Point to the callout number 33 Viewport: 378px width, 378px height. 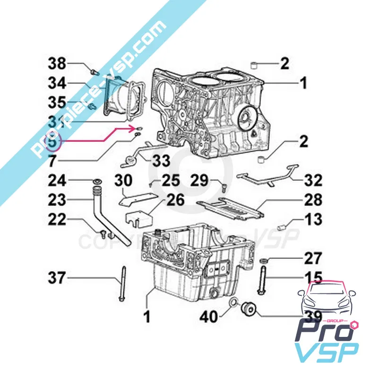point(161,161)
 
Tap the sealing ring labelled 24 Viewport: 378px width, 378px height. point(97,182)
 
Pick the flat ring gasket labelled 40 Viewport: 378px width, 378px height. point(234,302)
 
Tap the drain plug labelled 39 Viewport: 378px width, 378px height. point(248,309)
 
